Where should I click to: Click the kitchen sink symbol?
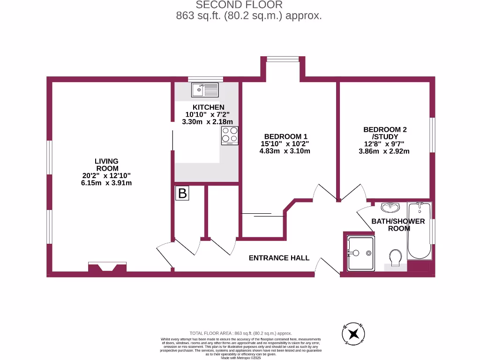click(205, 89)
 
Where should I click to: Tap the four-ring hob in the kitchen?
click(230, 135)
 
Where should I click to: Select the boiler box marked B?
click(182, 193)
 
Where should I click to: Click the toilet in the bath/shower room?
click(396, 257)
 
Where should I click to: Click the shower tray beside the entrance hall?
click(360, 253)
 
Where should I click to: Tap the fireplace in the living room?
click(107, 268)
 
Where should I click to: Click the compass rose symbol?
click(354, 334)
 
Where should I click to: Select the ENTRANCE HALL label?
click(279, 258)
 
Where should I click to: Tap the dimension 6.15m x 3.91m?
click(106, 183)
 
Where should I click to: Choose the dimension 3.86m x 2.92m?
click(384, 151)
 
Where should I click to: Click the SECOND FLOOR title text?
click(239, 5)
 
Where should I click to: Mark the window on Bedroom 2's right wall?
click(432, 135)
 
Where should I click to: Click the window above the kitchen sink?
click(205, 79)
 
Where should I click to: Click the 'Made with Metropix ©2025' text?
click(240, 358)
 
